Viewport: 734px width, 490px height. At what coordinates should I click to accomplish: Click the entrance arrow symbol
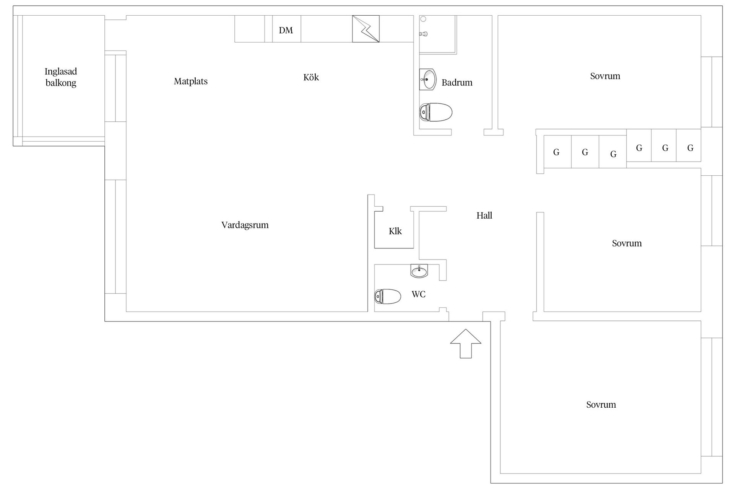coord(466,343)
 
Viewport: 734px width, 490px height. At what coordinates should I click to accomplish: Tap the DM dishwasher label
coord(286,30)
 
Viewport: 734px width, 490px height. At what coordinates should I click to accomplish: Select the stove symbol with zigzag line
coord(366,29)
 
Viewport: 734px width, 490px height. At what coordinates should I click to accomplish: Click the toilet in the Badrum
coord(436,112)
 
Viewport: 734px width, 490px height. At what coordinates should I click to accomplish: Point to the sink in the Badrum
coord(428,80)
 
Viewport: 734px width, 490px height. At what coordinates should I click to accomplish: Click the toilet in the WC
coord(388,296)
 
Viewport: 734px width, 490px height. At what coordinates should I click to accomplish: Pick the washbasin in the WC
coord(419,271)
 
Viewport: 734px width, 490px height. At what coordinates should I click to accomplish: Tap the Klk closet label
coord(395,231)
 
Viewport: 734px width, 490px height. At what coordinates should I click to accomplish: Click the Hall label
coord(484,216)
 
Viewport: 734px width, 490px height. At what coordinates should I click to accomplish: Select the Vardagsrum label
coord(245,225)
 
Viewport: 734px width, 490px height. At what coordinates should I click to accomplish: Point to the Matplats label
coord(191,81)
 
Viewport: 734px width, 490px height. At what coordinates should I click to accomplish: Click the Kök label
coord(311,77)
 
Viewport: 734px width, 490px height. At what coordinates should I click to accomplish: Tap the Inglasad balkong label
coord(61,77)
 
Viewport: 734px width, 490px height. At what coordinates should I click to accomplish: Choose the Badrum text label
coord(457,83)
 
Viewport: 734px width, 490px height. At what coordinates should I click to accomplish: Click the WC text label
coord(419,294)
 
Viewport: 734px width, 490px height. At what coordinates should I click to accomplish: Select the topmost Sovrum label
coord(605,76)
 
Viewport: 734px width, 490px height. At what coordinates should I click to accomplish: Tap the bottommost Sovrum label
coord(601,405)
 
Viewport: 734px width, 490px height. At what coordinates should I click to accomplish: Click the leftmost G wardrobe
coord(557,152)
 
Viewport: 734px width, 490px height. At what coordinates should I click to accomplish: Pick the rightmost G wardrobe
coord(689,145)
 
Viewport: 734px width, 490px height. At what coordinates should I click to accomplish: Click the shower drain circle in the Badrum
coord(423,19)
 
